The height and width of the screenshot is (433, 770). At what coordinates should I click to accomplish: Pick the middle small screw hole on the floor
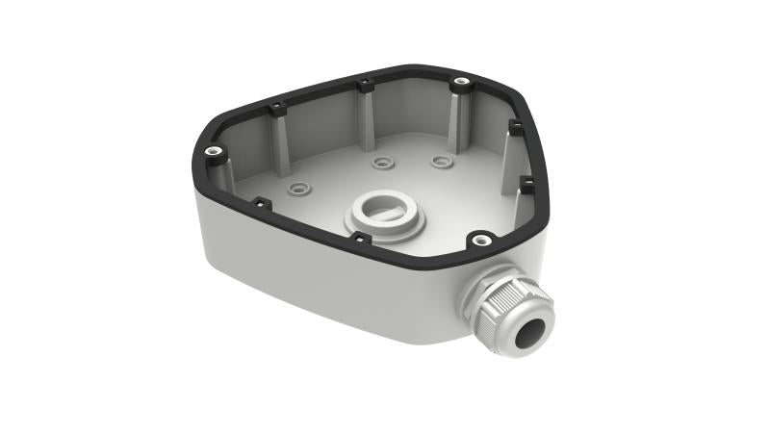[x=384, y=163]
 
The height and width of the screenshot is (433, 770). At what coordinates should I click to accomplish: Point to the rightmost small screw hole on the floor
[x=441, y=161]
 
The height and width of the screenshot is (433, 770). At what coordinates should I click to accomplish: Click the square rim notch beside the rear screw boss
[x=366, y=86]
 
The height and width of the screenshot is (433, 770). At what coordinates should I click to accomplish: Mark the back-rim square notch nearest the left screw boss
[x=276, y=106]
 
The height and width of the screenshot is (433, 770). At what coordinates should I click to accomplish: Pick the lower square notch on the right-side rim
[x=527, y=180]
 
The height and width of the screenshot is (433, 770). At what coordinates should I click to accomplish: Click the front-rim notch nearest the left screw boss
[x=259, y=203]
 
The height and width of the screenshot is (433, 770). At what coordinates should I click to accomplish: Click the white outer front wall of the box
[x=318, y=289]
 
